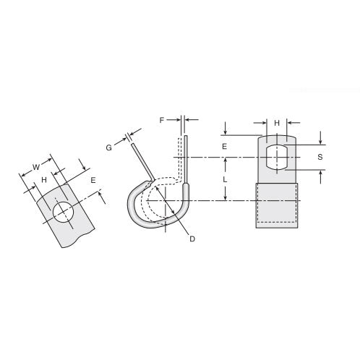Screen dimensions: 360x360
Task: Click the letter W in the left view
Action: [x=37, y=168]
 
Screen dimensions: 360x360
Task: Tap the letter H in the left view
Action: [x=45, y=179]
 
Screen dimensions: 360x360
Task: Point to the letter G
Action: [x=109, y=147]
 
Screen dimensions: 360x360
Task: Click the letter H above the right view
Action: [x=276, y=124]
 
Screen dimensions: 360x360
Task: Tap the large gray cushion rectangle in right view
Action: [x=277, y=205]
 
